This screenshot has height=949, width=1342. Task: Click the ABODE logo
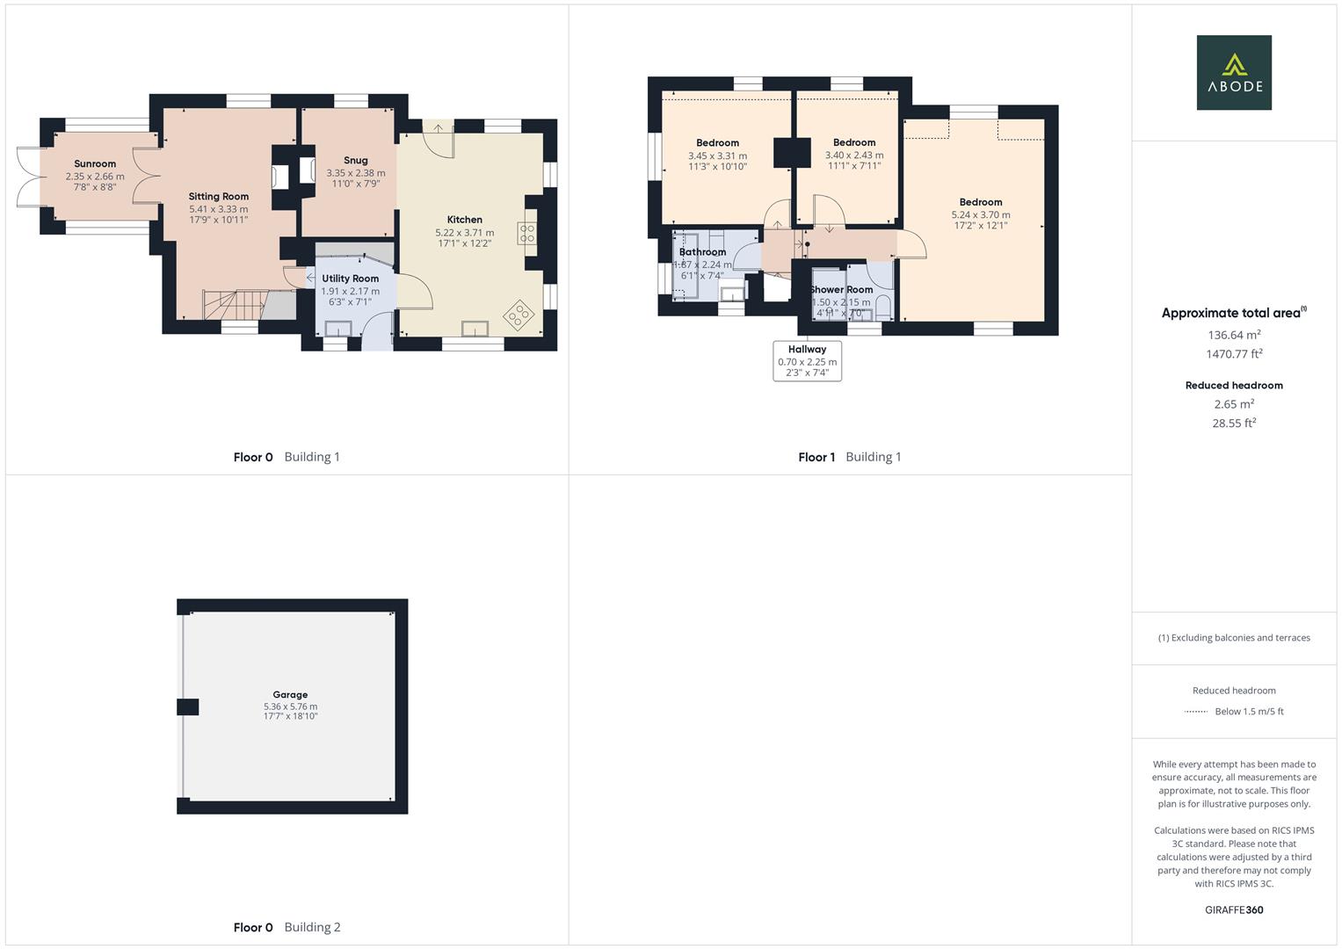1233,72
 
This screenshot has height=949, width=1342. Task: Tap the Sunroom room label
95,164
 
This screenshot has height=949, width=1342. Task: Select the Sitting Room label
219,197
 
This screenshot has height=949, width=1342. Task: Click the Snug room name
356,161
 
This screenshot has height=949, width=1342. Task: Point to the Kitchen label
464,220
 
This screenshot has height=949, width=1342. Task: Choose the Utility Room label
350,279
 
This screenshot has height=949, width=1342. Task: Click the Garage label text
290,695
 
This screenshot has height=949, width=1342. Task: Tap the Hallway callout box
807,361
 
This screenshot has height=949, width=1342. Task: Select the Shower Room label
842,290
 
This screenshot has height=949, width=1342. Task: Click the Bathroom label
702,252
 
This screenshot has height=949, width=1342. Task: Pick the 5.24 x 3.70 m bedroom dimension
981,214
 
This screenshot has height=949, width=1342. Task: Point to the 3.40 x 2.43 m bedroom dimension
854,156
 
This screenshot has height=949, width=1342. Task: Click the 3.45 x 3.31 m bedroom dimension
717,156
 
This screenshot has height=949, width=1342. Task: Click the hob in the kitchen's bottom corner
519,314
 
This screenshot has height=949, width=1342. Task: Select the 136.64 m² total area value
1234,335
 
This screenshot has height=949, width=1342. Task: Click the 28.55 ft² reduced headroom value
1234,423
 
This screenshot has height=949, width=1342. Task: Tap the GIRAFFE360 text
1234,909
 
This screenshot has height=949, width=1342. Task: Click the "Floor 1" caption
816,457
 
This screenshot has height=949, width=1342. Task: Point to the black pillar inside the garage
188,706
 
